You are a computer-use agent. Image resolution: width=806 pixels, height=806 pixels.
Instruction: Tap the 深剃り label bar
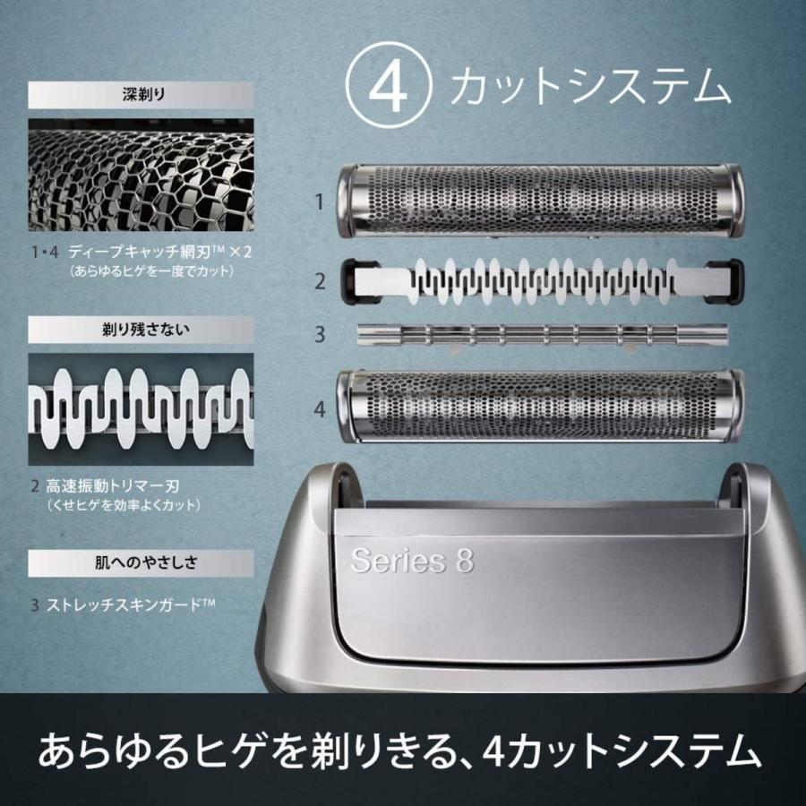(141, 95)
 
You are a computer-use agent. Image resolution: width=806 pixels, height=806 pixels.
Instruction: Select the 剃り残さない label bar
(141, 329)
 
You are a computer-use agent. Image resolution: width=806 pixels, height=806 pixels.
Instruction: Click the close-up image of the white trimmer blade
(141, 408)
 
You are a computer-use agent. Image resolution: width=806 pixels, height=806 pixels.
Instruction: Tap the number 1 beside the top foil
(319, 202)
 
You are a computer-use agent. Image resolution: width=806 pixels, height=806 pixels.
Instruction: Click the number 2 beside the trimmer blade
(319, 281)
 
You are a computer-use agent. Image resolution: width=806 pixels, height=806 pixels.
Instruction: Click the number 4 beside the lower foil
(319, 409)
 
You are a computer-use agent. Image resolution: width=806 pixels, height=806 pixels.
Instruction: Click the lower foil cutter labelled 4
(540, 407)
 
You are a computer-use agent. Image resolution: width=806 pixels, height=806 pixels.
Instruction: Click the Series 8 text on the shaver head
(412, 562)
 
